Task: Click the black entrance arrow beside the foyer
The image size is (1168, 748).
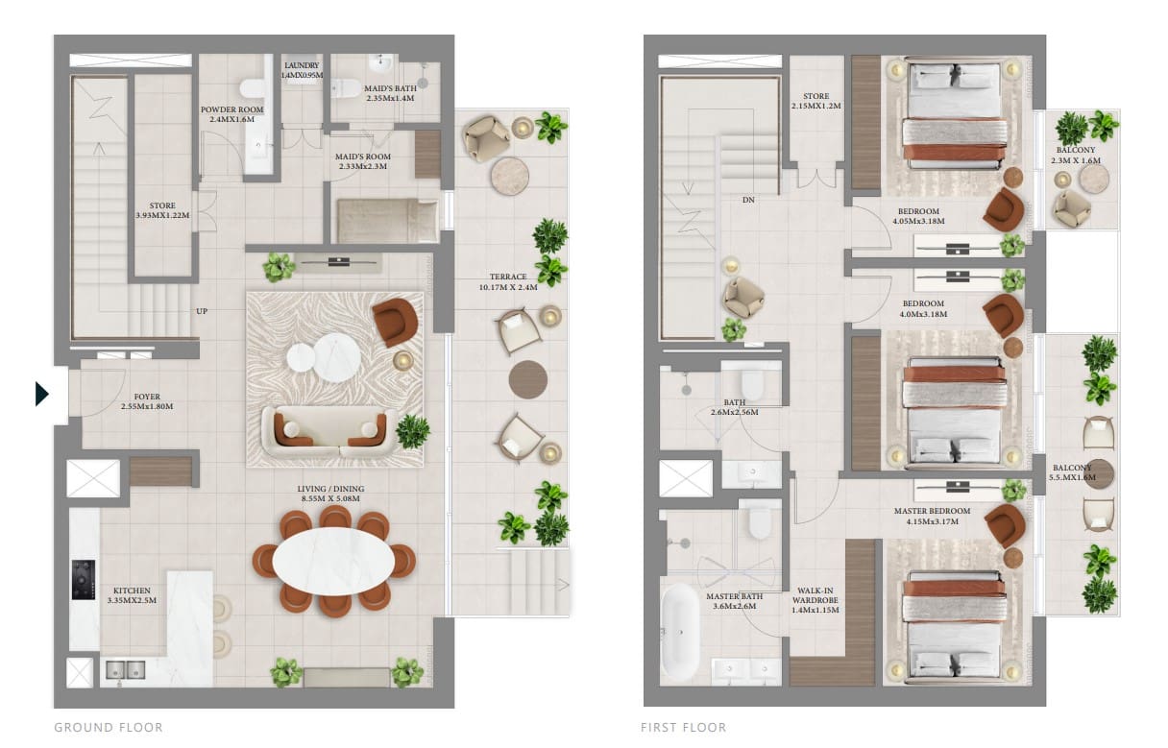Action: click(x=41, y=394)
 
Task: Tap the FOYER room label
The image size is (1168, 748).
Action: click(x=147, y=401)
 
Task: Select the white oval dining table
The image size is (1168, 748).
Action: click(x=332, y=560)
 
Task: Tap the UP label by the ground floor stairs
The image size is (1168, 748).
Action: click(x=202, y=311)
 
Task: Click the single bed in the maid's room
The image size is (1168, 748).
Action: click(x=385, y=220)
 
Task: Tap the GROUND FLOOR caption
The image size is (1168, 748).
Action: click(x=108, y=728)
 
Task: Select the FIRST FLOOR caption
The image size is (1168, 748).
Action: click(x=683, y=728)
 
